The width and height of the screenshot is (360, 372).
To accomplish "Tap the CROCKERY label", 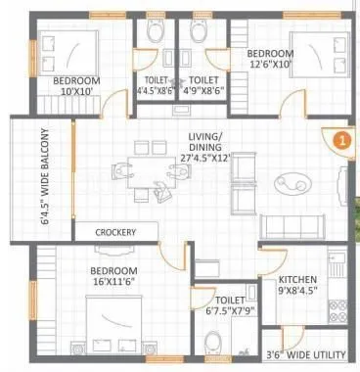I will [x=114, y=232].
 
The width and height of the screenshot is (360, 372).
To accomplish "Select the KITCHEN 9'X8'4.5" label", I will [x=296, y=284].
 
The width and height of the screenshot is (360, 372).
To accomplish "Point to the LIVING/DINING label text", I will [x=204, y=144].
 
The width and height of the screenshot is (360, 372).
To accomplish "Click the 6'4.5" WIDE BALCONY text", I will [x=44, y=176].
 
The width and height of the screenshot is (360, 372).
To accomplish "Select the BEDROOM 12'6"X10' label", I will [x=269, y=60].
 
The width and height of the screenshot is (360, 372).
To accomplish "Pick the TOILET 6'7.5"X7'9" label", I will [x=229, y=305].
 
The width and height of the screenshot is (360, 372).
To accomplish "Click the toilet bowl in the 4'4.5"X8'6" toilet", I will [x=153, y=32].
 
